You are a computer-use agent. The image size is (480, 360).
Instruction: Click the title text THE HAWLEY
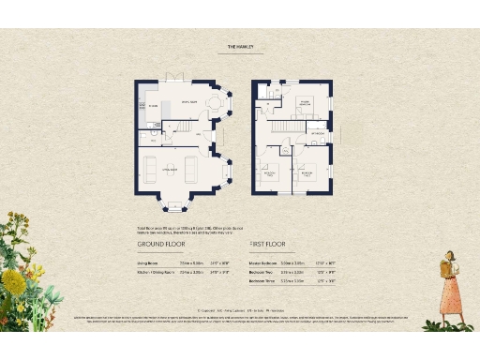[240, 44]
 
